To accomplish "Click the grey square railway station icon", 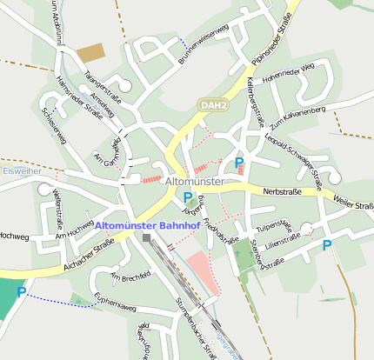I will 147,237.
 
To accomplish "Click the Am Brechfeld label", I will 130,277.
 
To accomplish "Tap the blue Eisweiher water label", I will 17,171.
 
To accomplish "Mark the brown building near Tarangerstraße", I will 90,53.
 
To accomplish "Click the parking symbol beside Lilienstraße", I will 327,245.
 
